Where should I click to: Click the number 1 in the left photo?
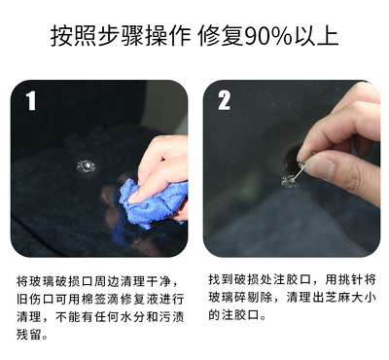point(31,100)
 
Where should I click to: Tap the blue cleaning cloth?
point(150,202)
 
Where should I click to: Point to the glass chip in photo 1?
point(87,166)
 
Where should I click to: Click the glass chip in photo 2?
point(290,181)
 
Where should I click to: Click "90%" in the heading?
point(268,36)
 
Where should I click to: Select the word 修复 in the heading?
point(221,36)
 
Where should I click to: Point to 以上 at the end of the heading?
point(316,36)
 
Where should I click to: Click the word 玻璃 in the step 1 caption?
point(41,281)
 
